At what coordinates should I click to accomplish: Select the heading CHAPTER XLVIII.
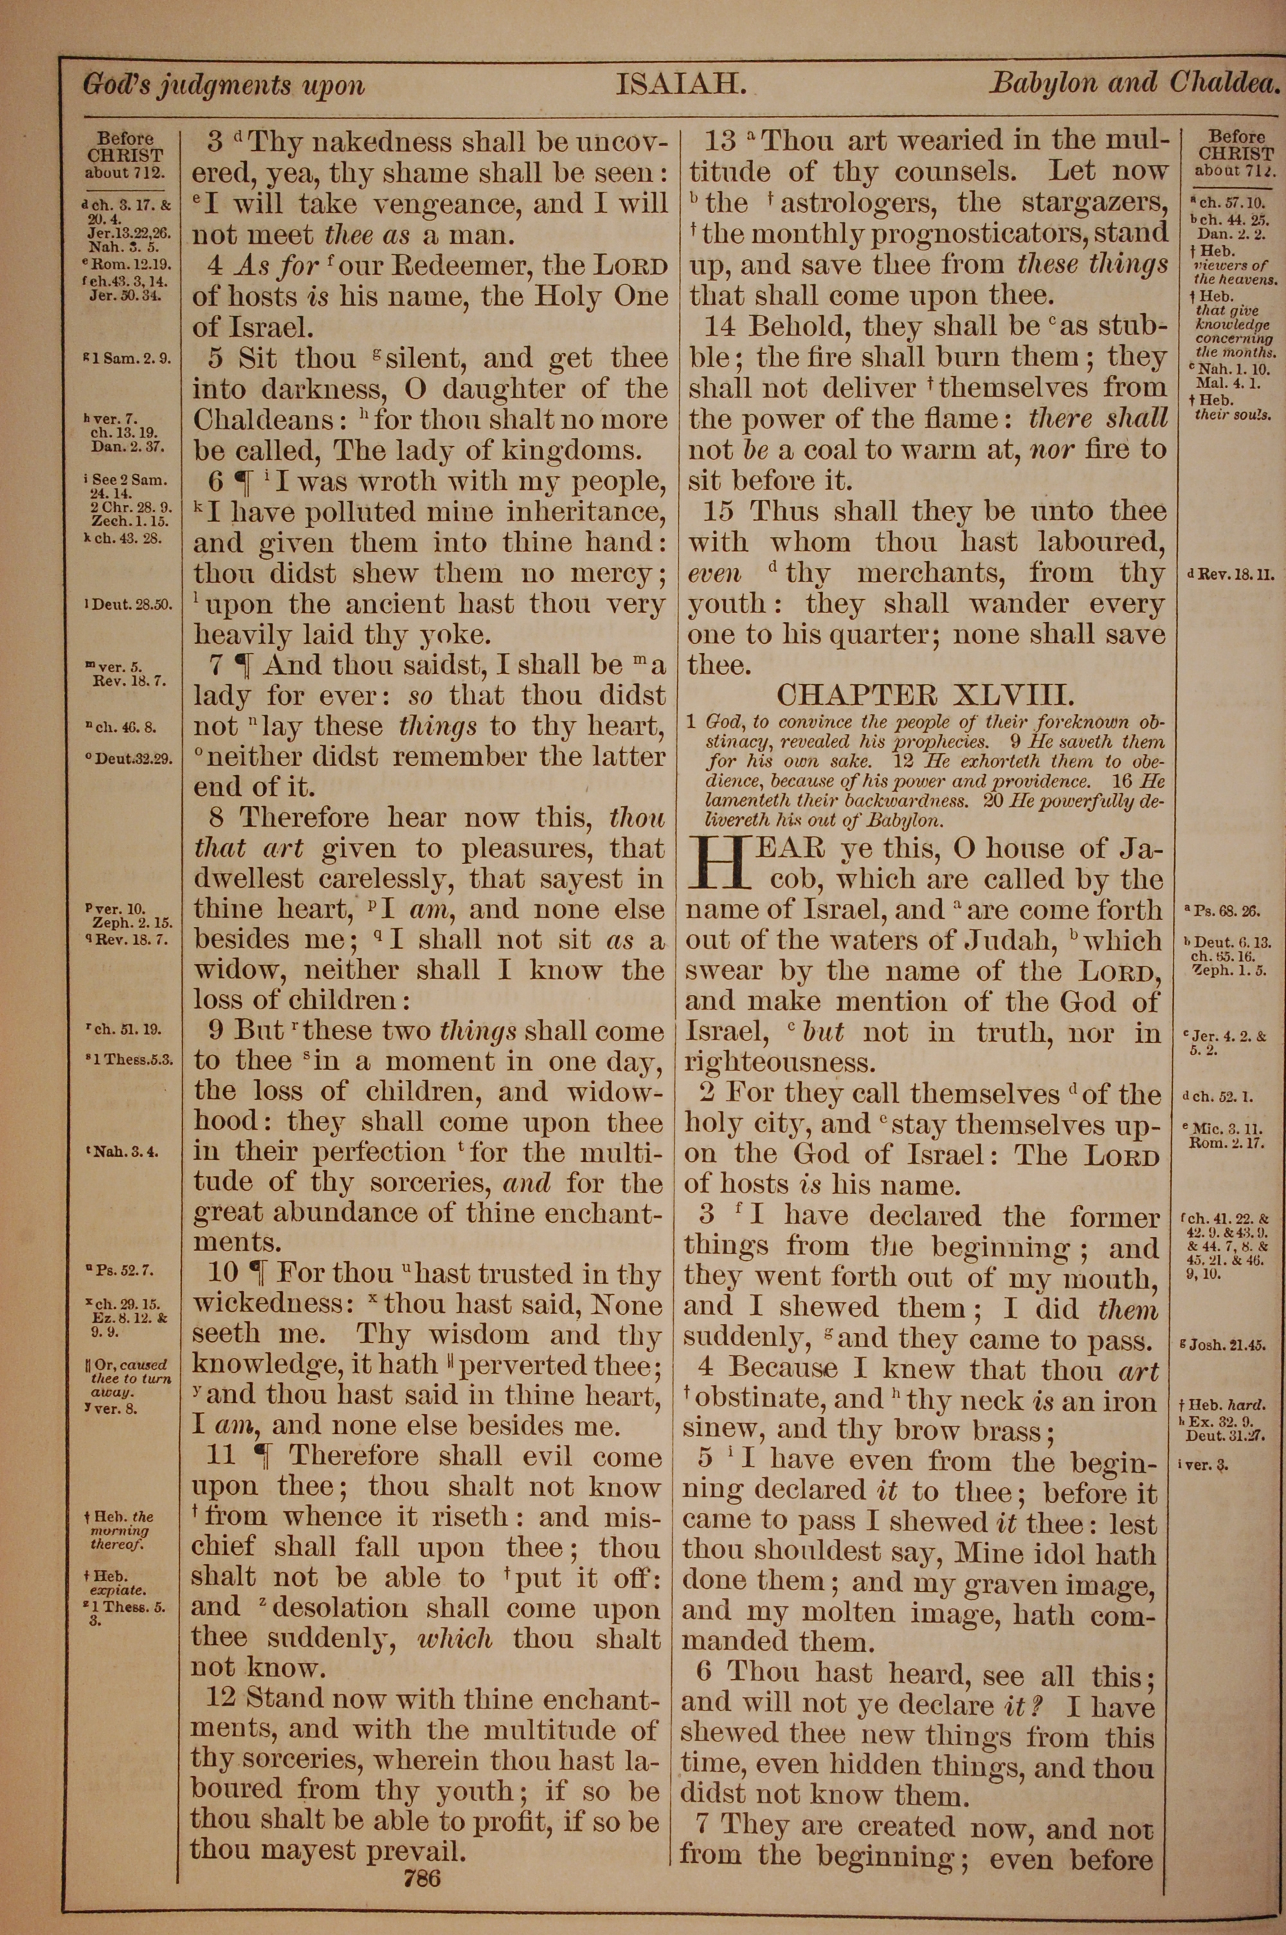coord(925,695)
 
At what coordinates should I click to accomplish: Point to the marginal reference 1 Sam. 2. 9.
coord(131,358)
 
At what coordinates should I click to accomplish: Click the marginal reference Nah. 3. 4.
coord(130,1151)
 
